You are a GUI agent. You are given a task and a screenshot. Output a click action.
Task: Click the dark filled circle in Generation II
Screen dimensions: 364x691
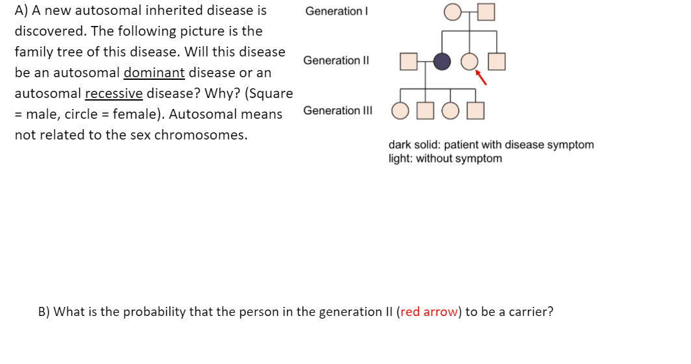point(442,61)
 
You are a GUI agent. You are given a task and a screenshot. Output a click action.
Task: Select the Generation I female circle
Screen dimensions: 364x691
point(453,12)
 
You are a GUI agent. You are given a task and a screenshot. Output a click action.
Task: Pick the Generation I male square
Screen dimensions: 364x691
point(486,12)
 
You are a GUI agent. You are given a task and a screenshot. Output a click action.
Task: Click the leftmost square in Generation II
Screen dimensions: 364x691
point(408,61)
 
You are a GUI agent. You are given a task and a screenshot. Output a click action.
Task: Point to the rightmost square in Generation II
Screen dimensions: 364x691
point(496,61)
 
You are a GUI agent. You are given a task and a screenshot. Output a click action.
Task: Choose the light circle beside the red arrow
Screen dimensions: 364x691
point(469,61)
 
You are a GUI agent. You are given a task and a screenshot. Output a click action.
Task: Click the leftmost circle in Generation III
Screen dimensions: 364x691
point(399,111)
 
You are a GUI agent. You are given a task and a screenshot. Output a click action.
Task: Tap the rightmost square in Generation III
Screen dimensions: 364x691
point(475,111)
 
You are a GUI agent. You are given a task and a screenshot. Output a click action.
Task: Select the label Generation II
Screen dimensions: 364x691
point(336,60)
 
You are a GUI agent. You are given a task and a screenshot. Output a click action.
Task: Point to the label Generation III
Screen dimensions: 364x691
point(338,110)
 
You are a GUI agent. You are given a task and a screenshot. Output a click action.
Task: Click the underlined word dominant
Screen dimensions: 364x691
point(155,73)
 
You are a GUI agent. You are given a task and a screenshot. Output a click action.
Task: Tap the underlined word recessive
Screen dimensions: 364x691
point(114,93)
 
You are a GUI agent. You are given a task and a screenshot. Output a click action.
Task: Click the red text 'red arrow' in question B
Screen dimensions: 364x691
point(429,311)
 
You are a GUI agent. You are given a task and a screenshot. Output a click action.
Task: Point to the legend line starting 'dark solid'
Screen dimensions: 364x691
point(491,145)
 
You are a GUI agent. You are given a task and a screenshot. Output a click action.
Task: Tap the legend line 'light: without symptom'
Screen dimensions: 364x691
point(445,158)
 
